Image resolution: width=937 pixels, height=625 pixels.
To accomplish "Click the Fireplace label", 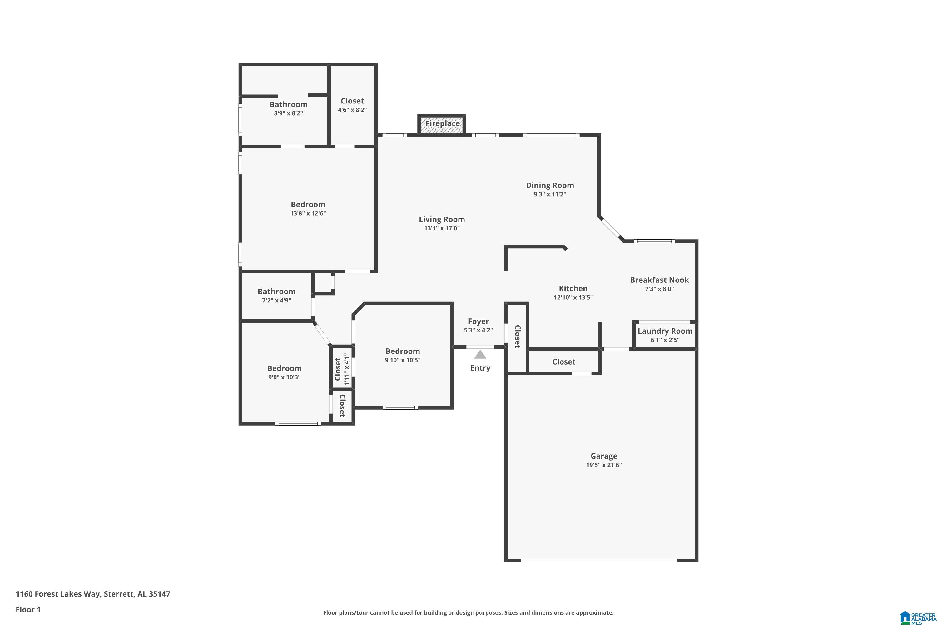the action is pos(442,123).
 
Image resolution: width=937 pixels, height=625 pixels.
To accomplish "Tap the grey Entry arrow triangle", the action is pos(480,354).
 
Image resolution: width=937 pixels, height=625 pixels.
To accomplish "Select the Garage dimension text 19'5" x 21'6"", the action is pos(603,465).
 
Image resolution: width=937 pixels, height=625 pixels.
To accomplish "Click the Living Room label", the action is pos(442,219).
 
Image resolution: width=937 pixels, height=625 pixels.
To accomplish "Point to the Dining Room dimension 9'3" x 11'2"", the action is pos(550,194).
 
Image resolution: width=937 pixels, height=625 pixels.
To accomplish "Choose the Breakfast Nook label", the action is pos(659,280).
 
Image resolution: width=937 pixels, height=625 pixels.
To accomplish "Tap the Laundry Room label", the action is pos(665,331).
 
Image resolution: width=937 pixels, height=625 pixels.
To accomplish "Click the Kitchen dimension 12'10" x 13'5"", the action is pos(573,297).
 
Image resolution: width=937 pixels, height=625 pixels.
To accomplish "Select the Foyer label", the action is pos(478,321).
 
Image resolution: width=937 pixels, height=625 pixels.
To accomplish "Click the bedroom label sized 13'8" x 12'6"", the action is pos(308,204).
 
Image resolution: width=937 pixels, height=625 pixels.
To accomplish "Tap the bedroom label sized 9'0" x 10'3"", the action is pos(285,368).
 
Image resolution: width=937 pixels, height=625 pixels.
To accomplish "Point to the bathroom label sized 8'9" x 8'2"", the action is pos(288,104).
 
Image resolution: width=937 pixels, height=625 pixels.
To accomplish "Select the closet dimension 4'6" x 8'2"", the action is pos(352,110).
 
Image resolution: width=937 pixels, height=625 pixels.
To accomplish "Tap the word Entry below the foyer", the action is pos(480,368).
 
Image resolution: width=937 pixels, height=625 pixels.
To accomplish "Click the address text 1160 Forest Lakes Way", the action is pos(58,594).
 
